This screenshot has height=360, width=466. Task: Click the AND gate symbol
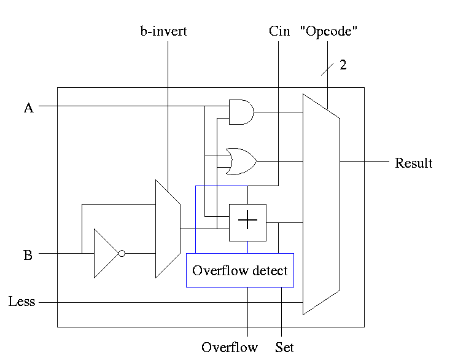tap(241, 112)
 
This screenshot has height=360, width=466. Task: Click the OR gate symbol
tap(241, 161)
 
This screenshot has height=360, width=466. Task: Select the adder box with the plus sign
tap(247, 222)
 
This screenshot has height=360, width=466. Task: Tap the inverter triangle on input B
tap(105, 253)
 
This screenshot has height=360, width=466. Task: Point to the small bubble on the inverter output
tap(122, 253)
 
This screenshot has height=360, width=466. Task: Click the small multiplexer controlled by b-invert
tap(167, 229)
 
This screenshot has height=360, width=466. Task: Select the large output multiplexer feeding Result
tap(321, 204)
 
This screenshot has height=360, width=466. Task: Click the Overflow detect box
tap(239, 270)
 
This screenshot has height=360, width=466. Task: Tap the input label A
tap(28, 108)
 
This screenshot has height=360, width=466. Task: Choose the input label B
tap(28, 255)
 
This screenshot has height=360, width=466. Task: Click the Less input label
tap(22, 302)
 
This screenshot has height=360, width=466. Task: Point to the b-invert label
tap(163, 31)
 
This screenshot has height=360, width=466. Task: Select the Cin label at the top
tap(279, 31)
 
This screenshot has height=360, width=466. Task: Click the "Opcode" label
tap(328, 31)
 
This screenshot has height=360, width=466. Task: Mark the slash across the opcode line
tap(327, 68)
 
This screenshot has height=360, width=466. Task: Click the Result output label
tap(413, 163)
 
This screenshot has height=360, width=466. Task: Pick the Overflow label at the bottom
tap(230, 347)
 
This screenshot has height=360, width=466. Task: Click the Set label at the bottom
tap(284, 347)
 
